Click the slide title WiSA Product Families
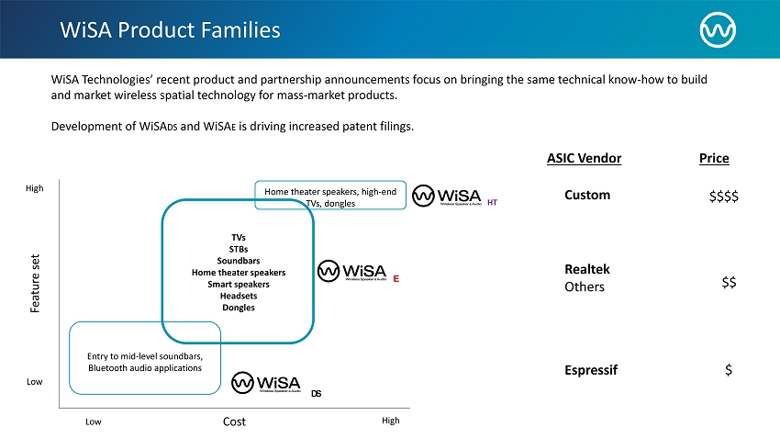pos(170,30)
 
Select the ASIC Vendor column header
pos(584,159)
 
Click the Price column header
pos(714,159)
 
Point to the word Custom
pos(587,196)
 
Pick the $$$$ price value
pos(724,197)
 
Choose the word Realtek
pos(587,269)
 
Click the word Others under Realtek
pos(585,287)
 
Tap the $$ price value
pos(729,284)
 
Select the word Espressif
pos(591,370)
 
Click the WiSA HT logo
pos(455,197)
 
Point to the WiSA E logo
pos(360,271)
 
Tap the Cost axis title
pos(234,421)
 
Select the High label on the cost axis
pos(390,421)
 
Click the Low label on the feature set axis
pos(34,382)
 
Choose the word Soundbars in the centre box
pos(239,261)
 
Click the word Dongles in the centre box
pos(239,308)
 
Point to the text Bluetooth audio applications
pos(145,368)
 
